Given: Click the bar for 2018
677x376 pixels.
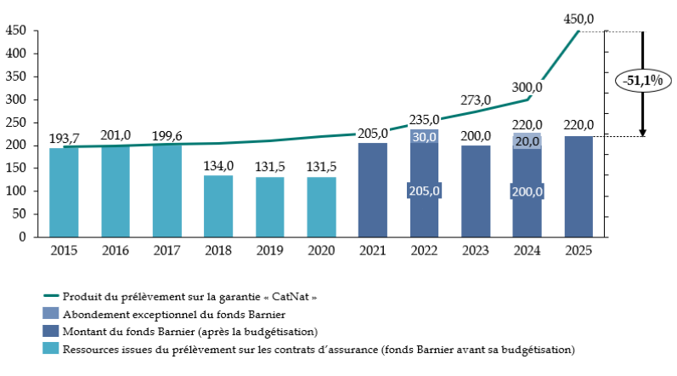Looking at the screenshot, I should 218,206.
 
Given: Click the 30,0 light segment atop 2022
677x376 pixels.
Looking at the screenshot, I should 424,137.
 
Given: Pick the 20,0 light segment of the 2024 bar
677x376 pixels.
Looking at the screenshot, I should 527,141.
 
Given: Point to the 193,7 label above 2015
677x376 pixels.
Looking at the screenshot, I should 65,138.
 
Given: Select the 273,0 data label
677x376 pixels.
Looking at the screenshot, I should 476,100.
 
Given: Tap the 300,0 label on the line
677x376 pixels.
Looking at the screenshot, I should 527,86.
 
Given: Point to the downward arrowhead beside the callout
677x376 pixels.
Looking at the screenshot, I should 643,132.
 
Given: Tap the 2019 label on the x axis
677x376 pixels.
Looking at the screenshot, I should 270,252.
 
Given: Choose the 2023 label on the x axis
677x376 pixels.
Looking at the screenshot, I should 476,252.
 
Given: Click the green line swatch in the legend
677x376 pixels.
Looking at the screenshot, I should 52,297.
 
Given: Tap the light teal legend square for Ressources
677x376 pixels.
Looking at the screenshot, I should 52,349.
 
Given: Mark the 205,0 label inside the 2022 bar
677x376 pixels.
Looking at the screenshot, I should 424,191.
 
